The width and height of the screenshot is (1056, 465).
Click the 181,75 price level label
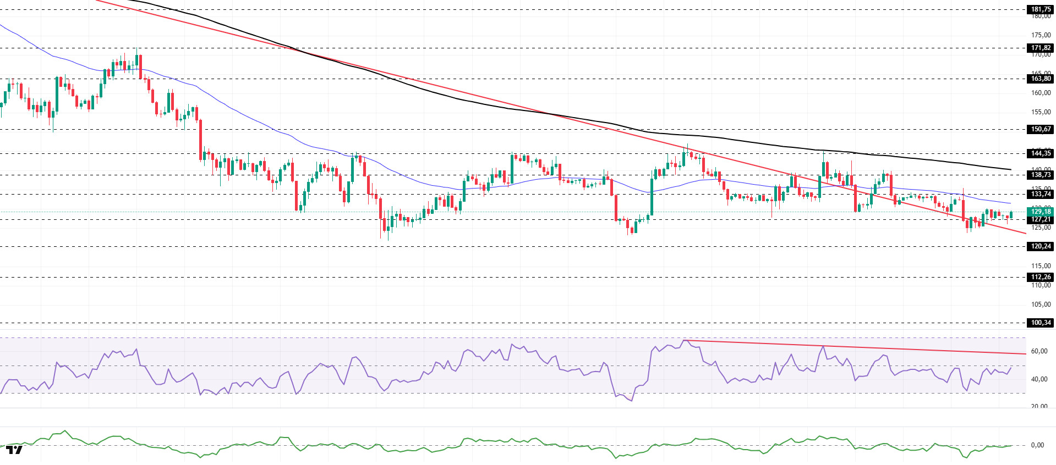[1041, 9]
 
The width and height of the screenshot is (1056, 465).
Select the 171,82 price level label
[1041, 48]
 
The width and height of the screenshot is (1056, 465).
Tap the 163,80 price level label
[1041, 79]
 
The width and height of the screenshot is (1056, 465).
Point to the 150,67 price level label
[1041, 129]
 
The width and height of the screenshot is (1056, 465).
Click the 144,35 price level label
[1041, 153]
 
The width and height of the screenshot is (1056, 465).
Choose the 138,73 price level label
[1041, 175]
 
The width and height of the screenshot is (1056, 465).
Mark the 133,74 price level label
[1041, 194]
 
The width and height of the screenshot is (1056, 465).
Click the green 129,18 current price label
[1041, 212]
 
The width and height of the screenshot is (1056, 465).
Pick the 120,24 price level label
[1041, 246]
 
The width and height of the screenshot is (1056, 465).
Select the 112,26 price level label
[1041, 277]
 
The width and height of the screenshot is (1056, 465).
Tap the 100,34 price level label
[1041, 323]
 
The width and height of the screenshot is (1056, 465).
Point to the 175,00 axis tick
[1041, 35]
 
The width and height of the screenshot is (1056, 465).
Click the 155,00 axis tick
[1041, 112]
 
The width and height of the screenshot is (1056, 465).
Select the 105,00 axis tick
[1041, 305]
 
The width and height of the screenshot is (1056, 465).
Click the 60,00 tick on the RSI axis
[1039, 351]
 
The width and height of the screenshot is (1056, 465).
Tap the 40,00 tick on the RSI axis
[1039, 379]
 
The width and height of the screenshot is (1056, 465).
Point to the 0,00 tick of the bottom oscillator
[1037, 445]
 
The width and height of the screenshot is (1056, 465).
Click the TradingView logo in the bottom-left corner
[14, 450]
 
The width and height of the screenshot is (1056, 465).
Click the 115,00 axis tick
[1041, 266]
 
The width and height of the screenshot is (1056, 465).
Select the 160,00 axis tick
[1041, 93]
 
